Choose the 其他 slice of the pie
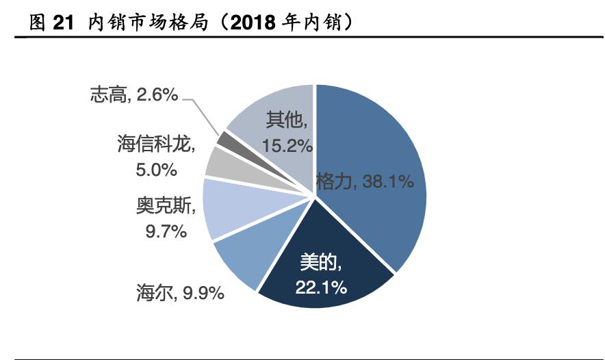tap(274, 116)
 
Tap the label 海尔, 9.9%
tap(180, 294)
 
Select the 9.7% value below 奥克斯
tap(166, 231)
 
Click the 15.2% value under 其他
tap(287, 145)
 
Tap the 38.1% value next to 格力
tap(386, 182)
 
